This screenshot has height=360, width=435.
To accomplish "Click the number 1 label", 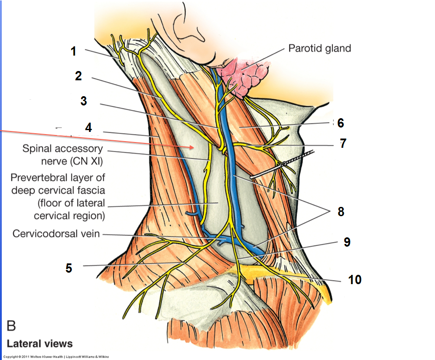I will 73,51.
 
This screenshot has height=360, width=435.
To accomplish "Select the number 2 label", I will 78,76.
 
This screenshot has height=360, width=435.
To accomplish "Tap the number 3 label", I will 83,101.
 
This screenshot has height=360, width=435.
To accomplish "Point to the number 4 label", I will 89,127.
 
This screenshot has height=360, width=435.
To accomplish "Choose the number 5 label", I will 69,267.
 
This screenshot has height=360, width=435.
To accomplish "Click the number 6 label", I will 340,123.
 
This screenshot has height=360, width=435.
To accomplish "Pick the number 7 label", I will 343,143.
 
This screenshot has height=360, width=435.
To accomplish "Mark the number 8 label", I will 341,211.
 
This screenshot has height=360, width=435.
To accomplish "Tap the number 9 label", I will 347,242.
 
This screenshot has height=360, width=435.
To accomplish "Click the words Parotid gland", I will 320,48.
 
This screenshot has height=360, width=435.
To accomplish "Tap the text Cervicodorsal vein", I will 57,233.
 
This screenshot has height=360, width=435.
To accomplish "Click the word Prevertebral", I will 37,178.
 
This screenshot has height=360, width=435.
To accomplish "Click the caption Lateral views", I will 40,344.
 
